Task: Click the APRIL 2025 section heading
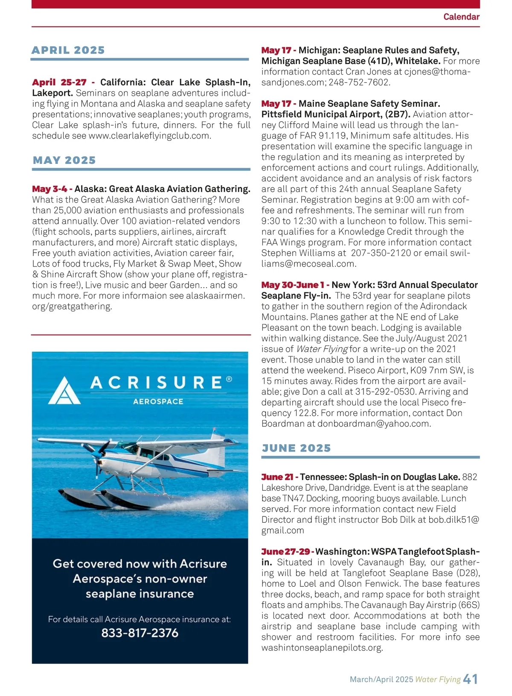point(68,50)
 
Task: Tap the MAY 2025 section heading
point(64,160)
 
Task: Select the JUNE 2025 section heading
point(297,448)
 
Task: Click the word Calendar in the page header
point(461,17)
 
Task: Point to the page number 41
point(470,679)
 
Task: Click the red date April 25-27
point(59,82)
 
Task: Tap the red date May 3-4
point(49,189)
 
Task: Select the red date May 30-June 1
point(293,285)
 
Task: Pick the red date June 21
point(277,477)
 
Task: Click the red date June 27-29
point(285,552)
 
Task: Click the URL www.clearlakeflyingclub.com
point(149,136)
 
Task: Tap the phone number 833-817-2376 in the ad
point(140,633)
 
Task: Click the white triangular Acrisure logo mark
point(64,391)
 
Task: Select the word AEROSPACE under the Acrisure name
point(158,402)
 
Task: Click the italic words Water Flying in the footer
point(438,679)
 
